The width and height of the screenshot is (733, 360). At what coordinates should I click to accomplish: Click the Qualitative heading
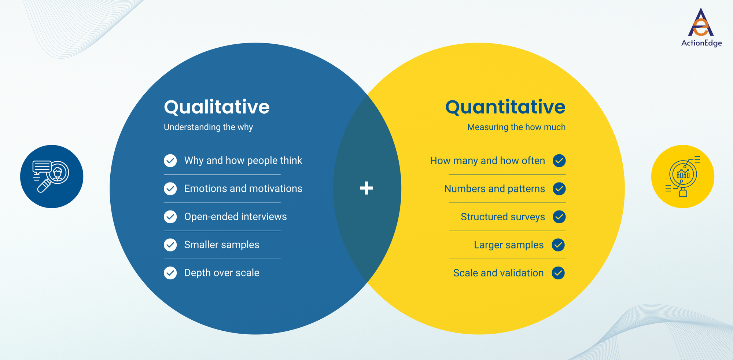tap(217, 107)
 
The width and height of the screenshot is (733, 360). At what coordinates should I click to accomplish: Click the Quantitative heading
tap(505, 107)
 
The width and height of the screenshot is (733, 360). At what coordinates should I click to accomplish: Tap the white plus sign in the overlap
tap(366, 188)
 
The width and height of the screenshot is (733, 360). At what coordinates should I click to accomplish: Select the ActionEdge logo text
tap(701, 43)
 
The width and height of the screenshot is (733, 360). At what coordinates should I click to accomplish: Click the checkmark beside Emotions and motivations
tap(170, 189)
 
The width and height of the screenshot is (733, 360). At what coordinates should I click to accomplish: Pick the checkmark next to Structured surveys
tap(559, 217)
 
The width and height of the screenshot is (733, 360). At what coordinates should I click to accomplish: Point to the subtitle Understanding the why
tap(208, 127)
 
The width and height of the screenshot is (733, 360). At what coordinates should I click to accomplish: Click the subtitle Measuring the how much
tap(516, 127)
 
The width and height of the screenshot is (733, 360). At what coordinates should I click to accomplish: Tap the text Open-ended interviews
tap(235, 217)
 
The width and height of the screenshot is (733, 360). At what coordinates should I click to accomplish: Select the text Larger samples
tap(509, 245)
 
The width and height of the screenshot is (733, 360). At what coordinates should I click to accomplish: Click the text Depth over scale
tap(222, 273)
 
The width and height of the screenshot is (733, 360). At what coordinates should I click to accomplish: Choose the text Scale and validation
tap(498, 273)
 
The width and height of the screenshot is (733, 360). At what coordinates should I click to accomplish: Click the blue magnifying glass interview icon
tap(52, 176)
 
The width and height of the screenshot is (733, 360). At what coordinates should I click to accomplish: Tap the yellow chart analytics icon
tap(682, 176)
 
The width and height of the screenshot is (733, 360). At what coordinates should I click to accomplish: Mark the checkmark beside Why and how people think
tap(170, 161)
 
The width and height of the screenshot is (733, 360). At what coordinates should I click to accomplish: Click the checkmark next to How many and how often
tap(559, 161)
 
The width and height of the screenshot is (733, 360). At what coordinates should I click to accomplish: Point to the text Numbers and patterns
tap(494, 189)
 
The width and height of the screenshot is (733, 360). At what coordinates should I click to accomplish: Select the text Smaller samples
tap(222, 245)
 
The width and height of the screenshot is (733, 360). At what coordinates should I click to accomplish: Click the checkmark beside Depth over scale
tap(170, 273)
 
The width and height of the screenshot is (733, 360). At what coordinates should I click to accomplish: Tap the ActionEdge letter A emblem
tap(701, 23)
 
